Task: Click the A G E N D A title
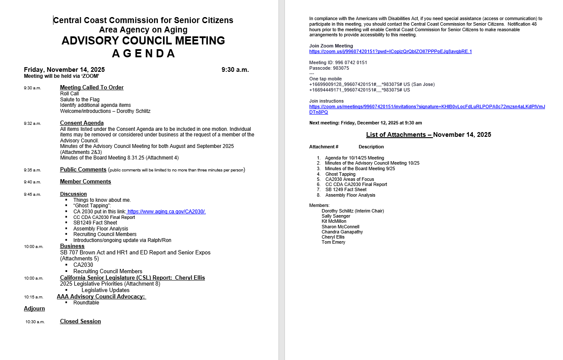(144, 53)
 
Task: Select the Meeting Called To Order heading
(92, 88)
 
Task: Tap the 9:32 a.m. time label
(33, 124)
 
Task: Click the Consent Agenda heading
(82, 123)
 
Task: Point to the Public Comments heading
(83, 170)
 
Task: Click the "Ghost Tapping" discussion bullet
(92, 206)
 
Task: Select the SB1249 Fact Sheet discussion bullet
(95, 223)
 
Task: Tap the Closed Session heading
(80, 322)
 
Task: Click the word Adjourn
(34, 309)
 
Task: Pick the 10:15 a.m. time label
(33, 297)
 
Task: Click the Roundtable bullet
(86, 303)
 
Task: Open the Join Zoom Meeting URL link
(390, 51)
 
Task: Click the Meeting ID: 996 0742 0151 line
(338, 62)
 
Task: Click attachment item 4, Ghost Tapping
(340, 174)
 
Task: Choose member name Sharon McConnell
(340, 227)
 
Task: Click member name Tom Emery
(333, 242)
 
